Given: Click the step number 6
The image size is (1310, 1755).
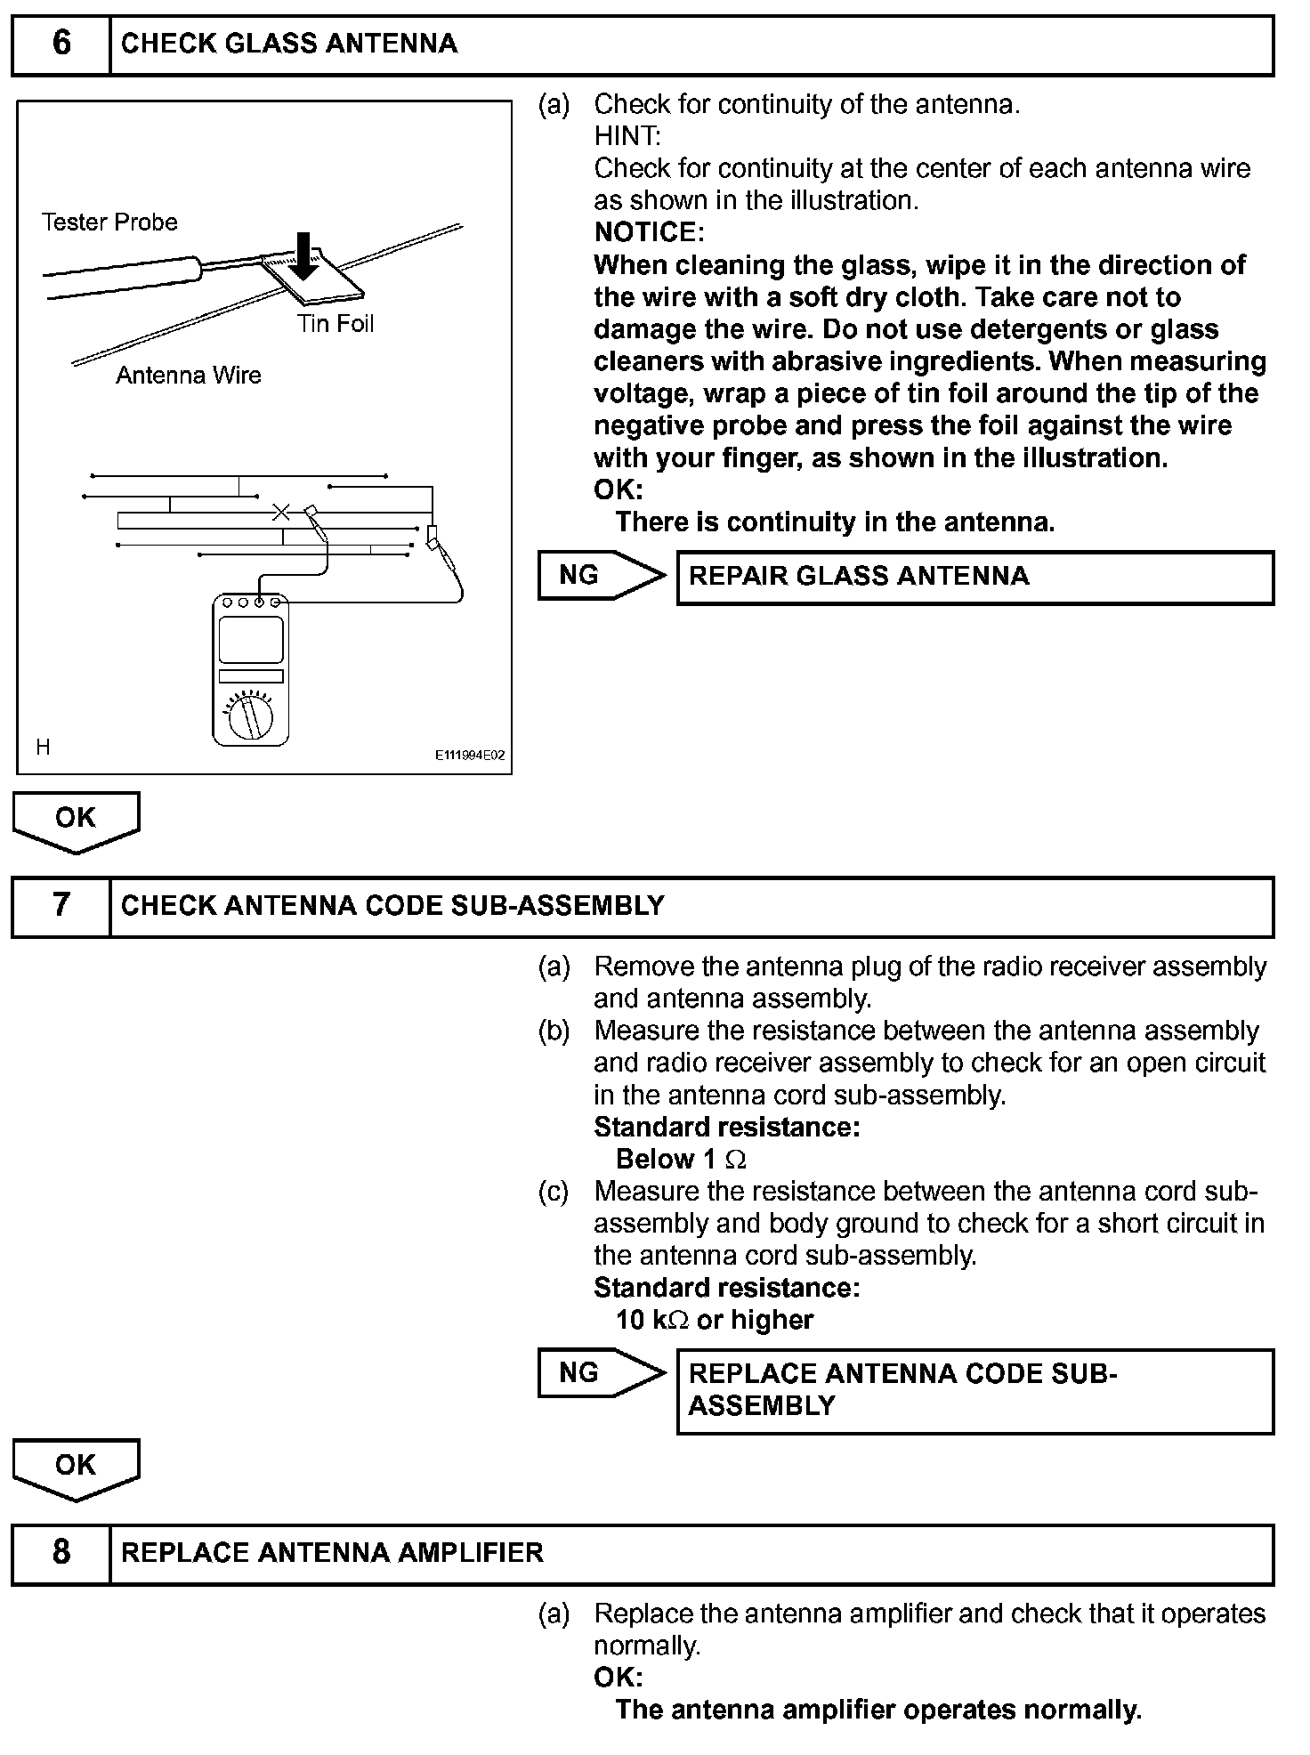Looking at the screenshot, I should [x=61, y=44].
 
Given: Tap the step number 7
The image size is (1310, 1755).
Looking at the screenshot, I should [x=61, y=905].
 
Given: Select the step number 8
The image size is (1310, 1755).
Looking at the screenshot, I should [x=61, y=1552].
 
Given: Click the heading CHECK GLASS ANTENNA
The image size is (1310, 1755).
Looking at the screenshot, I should [x=289, y=44].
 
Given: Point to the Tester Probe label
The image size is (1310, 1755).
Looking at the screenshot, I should [x=109, y=222].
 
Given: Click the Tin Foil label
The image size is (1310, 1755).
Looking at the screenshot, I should [x=336, y=324].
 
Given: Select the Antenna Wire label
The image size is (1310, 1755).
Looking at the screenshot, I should [x=189, y=376].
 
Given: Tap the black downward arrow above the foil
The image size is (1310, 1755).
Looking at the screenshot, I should [x=304, y=255].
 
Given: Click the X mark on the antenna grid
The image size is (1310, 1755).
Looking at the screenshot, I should [x=281, y=512].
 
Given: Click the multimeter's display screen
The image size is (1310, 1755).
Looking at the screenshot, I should [x=251, y=638].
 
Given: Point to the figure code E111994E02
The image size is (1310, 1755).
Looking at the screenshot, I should [x=469, y=756].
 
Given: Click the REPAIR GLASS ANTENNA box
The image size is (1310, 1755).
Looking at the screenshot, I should [x=975, y=578].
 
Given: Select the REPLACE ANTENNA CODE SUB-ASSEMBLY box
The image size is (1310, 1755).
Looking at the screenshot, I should [x=975, y=1390].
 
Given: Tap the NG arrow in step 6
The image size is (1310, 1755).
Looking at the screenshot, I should [x=601, y=575].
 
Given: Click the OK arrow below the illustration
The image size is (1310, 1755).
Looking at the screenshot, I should [x=76, y=819].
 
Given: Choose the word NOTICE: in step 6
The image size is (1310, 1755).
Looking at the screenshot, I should [x=650, y=232].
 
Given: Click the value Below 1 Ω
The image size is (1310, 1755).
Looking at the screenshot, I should [x=682, y=1160].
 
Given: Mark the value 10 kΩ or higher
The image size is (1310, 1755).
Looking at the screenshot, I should [x=715, y=1320].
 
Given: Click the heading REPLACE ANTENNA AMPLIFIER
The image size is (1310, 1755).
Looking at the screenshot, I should [x=332, y=1552].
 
